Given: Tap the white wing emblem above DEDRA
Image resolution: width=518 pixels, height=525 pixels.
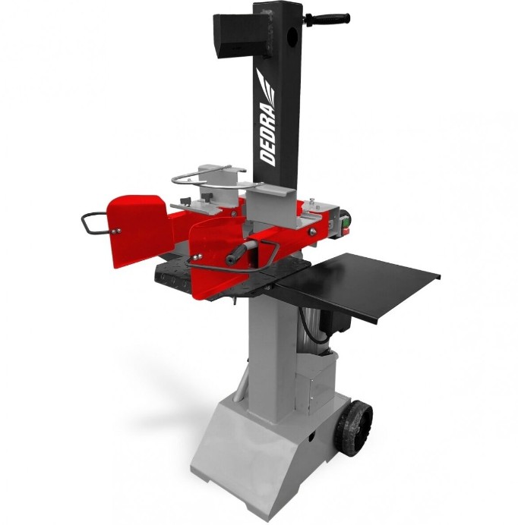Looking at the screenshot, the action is (267, 86).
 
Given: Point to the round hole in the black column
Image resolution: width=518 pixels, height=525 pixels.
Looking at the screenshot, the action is (292, 34).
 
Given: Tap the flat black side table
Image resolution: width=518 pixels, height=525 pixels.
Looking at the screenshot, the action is (358, 285).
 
